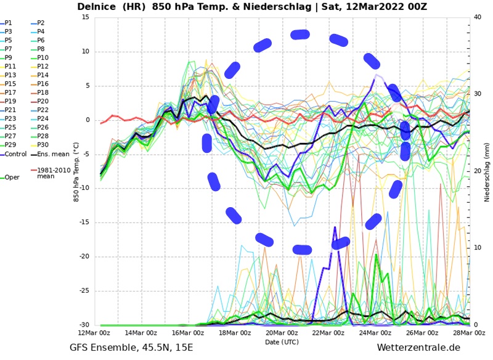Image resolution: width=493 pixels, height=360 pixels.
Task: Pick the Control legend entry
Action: click(x=15, y=154)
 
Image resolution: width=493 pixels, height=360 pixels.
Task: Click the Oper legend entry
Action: click(x=12, y=178)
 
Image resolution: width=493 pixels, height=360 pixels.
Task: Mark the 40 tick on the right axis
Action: click(x=477, y=17)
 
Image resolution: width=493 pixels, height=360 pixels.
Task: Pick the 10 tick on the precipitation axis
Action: click(x=477, y=248)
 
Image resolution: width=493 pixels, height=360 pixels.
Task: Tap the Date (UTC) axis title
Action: click(x=282, y=342)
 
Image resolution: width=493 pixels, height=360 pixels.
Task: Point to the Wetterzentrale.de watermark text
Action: click(x=418, y=348)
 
